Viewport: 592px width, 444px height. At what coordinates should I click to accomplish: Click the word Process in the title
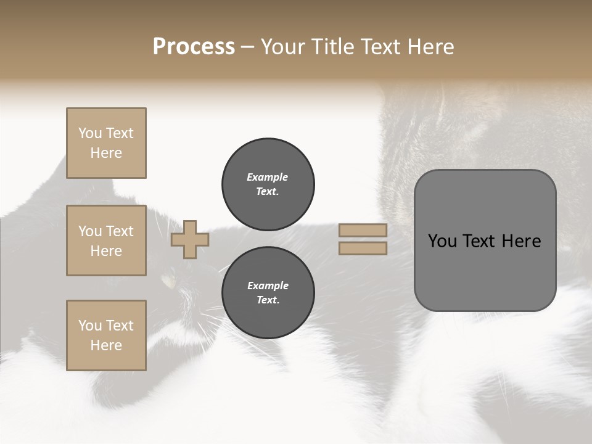click(194, 47)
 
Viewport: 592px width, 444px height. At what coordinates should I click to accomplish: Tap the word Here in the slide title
click(429, 47)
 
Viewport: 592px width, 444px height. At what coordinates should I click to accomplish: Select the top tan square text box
click(106, 143)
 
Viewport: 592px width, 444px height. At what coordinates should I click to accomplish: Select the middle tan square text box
click(106, 240)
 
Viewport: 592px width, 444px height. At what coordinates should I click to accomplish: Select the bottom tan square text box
click(106, 335)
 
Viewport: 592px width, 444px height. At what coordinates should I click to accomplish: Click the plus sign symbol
click(189, 239)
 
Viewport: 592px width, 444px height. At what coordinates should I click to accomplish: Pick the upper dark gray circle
click(268, 184)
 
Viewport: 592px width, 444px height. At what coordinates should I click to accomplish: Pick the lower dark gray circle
click(268, 293)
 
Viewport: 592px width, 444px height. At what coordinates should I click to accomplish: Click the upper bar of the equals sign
click(363, 230)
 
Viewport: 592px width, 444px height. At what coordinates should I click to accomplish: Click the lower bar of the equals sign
click(363, 248)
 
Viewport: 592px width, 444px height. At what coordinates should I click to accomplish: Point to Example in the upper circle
click(268, 178)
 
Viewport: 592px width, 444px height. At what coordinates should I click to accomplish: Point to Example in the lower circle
click(268, 286)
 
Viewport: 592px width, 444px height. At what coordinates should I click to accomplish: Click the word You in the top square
click(90, 133)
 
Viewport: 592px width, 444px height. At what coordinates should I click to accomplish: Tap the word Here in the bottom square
click(106, 345)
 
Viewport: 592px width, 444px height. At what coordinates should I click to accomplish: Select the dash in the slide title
click(248, 47)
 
